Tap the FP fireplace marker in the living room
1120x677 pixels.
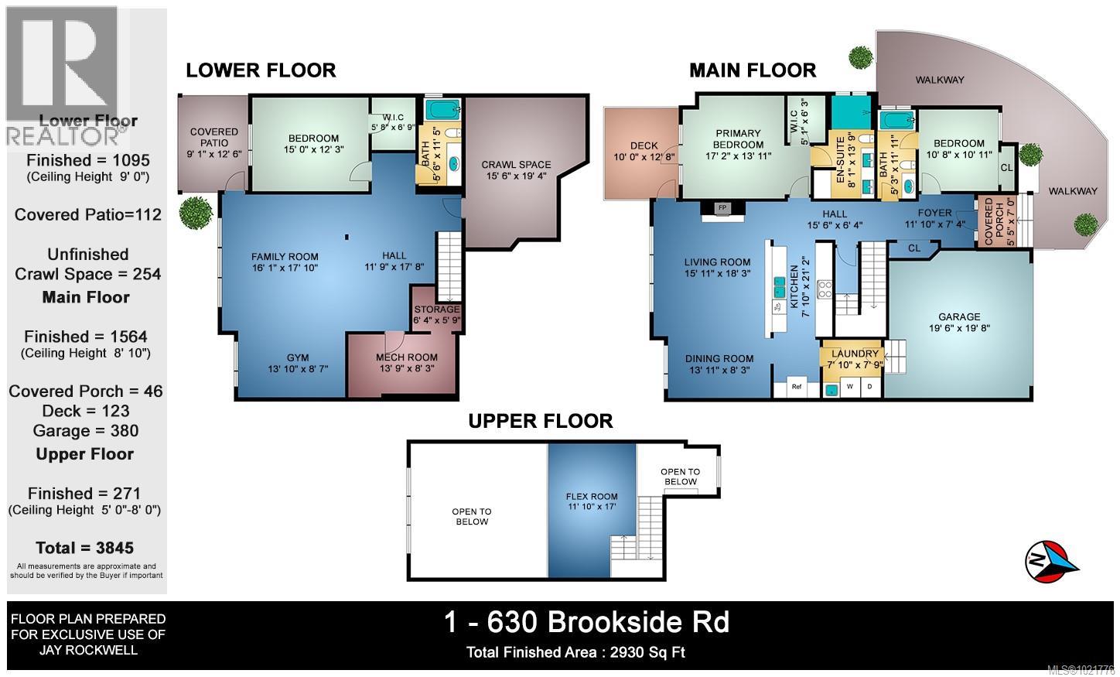tap(722, 208)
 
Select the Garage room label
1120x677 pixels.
tap(959, 322)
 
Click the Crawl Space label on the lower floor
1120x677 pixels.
tap(516, 170)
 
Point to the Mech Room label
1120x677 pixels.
tap(406, 363)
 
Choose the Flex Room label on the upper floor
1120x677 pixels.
tap(592, 501)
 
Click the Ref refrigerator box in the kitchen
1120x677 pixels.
tap(796, 386)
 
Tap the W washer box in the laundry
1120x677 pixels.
tap(849, 386)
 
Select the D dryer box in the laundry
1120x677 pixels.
tap(869, 386)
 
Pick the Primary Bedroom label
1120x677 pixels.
tap(738, 138)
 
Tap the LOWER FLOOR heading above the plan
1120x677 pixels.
tap(261, 70)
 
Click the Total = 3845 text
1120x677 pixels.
tap(84, 548)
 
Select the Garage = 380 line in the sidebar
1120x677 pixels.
tap(86, 431)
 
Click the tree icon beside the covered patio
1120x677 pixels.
tap(193, 213)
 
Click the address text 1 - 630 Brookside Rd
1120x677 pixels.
tap(586, 621)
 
